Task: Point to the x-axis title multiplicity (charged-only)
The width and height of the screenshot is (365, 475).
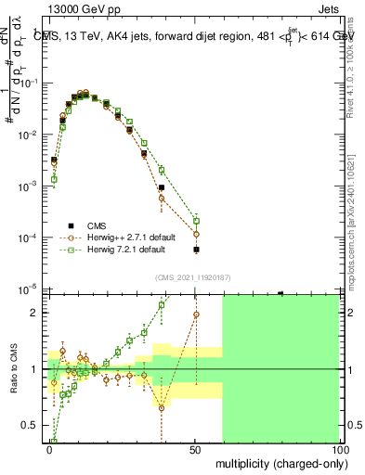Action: point(276,462)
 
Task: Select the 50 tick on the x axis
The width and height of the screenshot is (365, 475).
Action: point(193,449)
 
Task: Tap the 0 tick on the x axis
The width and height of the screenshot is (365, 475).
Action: point(49,449)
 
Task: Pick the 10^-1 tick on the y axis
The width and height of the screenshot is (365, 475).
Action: point(31,83)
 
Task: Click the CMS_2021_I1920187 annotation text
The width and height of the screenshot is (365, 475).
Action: point(194,277)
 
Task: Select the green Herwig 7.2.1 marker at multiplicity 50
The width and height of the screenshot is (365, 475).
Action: point(196,220)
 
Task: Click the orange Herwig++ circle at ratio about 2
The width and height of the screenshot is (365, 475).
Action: point(196,314)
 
